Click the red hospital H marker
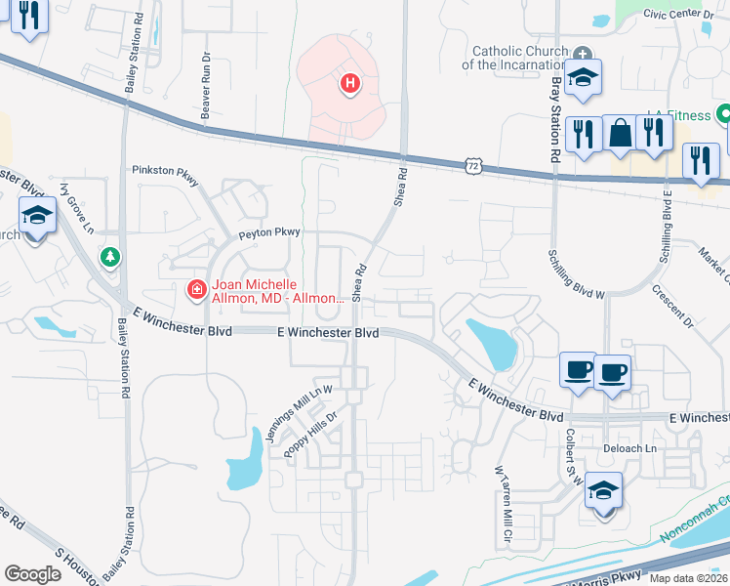[x=349, y=85]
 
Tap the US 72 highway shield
[x=473, y=167]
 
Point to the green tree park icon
[x=111, y=257]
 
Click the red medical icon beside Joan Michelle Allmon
[x=195, y=288]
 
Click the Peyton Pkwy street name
[x=270, y=233]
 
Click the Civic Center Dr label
[x=686, y=14]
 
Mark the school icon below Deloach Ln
[x=603, y=490]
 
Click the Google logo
[x=32, y=573]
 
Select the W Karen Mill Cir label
[x=504, y=507]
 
